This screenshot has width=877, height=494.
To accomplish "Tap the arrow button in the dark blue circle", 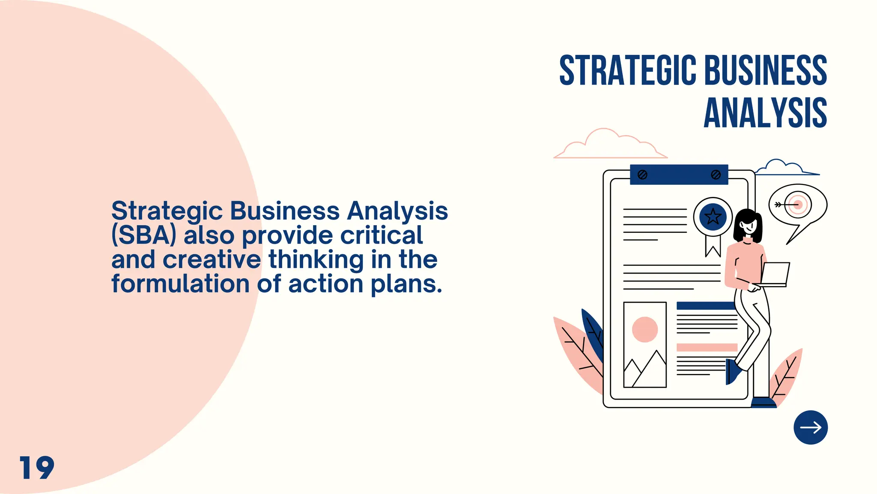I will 810,428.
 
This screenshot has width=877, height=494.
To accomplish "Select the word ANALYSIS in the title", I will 765,113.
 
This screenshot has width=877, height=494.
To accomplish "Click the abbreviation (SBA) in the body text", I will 143,235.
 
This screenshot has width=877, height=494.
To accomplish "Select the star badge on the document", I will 713,217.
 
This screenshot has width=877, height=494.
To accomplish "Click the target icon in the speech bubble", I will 797,205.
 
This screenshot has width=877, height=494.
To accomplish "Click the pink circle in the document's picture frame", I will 644,329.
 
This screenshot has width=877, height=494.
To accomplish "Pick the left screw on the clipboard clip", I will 642,175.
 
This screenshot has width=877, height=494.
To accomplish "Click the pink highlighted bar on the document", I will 707,347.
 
